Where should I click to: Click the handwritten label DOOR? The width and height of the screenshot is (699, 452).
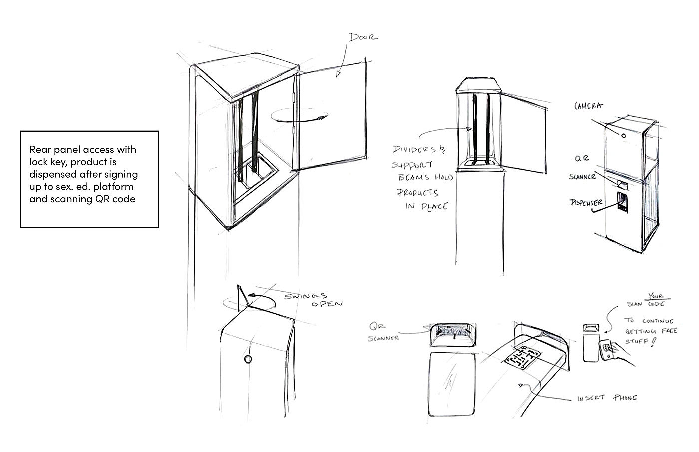click(363, 37)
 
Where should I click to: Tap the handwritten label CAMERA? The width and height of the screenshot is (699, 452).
click(588, 105)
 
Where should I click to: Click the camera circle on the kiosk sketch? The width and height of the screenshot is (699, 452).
click(624, 135)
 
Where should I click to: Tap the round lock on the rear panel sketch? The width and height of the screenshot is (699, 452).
click(247, 359)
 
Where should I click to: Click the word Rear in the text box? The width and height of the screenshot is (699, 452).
click(40, 149)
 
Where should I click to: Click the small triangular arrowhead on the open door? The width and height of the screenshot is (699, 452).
click(338, 74)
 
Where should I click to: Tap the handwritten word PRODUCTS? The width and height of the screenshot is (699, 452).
click(418, 192)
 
